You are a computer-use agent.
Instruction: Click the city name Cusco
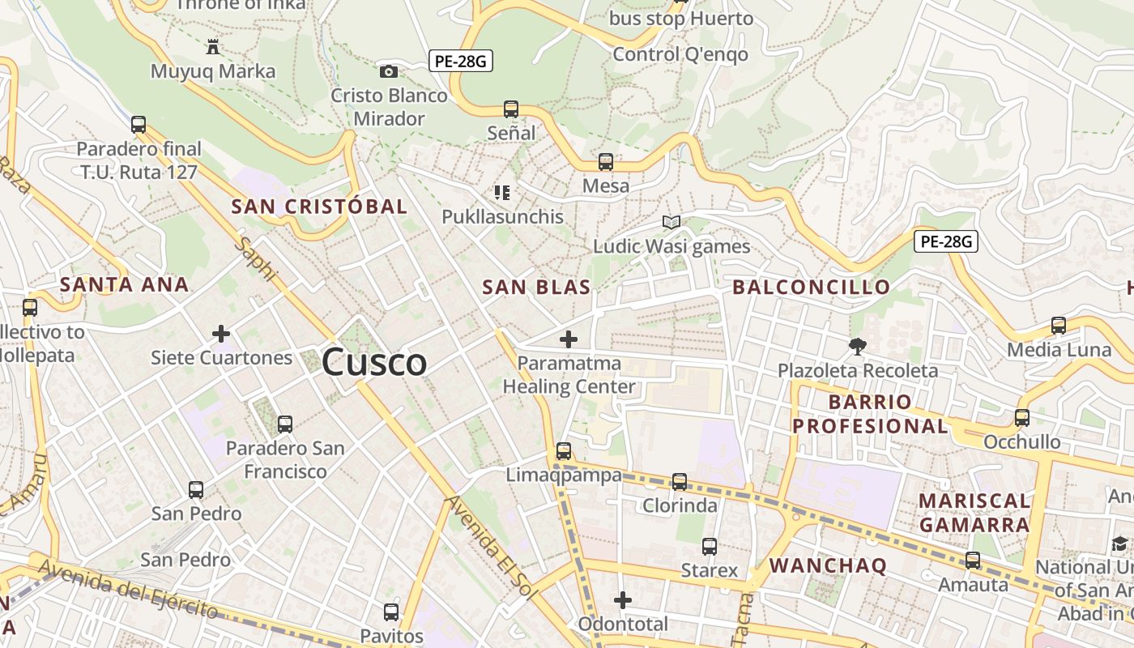click(374, 362)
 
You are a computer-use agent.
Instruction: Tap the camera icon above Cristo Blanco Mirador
click(389, 71)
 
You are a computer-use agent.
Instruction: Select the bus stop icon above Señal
click(511, 109)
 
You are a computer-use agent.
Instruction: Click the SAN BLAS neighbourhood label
click(536, 287)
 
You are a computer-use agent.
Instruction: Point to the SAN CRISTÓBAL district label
click(319, 206)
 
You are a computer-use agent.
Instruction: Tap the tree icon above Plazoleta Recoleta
click(857, 347)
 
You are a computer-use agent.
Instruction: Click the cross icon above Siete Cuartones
click(221, 333)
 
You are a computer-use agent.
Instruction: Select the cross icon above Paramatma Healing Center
click(569, 339)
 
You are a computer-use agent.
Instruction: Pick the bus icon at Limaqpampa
click(564, 451)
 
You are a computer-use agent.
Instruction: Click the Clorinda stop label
click(680, 505)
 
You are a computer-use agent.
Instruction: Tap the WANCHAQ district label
click(828, 565)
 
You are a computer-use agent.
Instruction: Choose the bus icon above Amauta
click(973, 560)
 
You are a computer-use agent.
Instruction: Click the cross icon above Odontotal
click(622, 600)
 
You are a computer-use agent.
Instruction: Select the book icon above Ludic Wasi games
click(671, 222)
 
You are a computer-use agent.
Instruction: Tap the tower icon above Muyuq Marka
click(213, 47)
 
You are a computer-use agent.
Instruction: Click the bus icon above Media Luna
click(1059, 326)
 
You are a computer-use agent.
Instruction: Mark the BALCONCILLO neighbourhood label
click(812, 287)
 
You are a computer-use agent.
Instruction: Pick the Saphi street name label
click(255, 259)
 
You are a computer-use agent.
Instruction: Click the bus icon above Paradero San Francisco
click(284, 424)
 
